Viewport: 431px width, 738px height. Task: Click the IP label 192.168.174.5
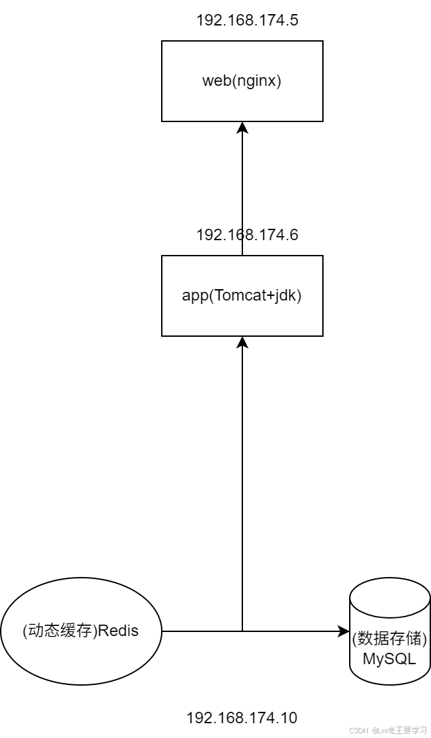pyautogui.click(x=247, y=20)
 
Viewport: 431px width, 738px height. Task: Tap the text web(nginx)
pyautogui.click(x=242, y=81)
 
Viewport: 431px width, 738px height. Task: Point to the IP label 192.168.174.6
pyautogui.click(x=247, y=235)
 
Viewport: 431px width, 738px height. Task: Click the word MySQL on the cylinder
pyautogui.click(x=389, y=659)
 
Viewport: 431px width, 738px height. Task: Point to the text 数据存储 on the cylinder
pyautogui.click(x=389, y=636)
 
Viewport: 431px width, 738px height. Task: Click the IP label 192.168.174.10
pyautogui.click(x=242, y=718)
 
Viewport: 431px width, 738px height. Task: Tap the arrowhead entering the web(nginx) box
pyautogui.click(x=242, y=127)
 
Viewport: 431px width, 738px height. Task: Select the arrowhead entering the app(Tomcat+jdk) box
pyautogui.click(x=242, y=342)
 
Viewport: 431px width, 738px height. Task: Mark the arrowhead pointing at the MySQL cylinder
pyautogui.click(x=344, y=631)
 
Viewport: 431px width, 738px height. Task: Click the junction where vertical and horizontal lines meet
pyautogui.click(x=242, y=631)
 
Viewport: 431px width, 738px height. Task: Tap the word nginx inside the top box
pyautogui.click(x=258, y=81)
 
